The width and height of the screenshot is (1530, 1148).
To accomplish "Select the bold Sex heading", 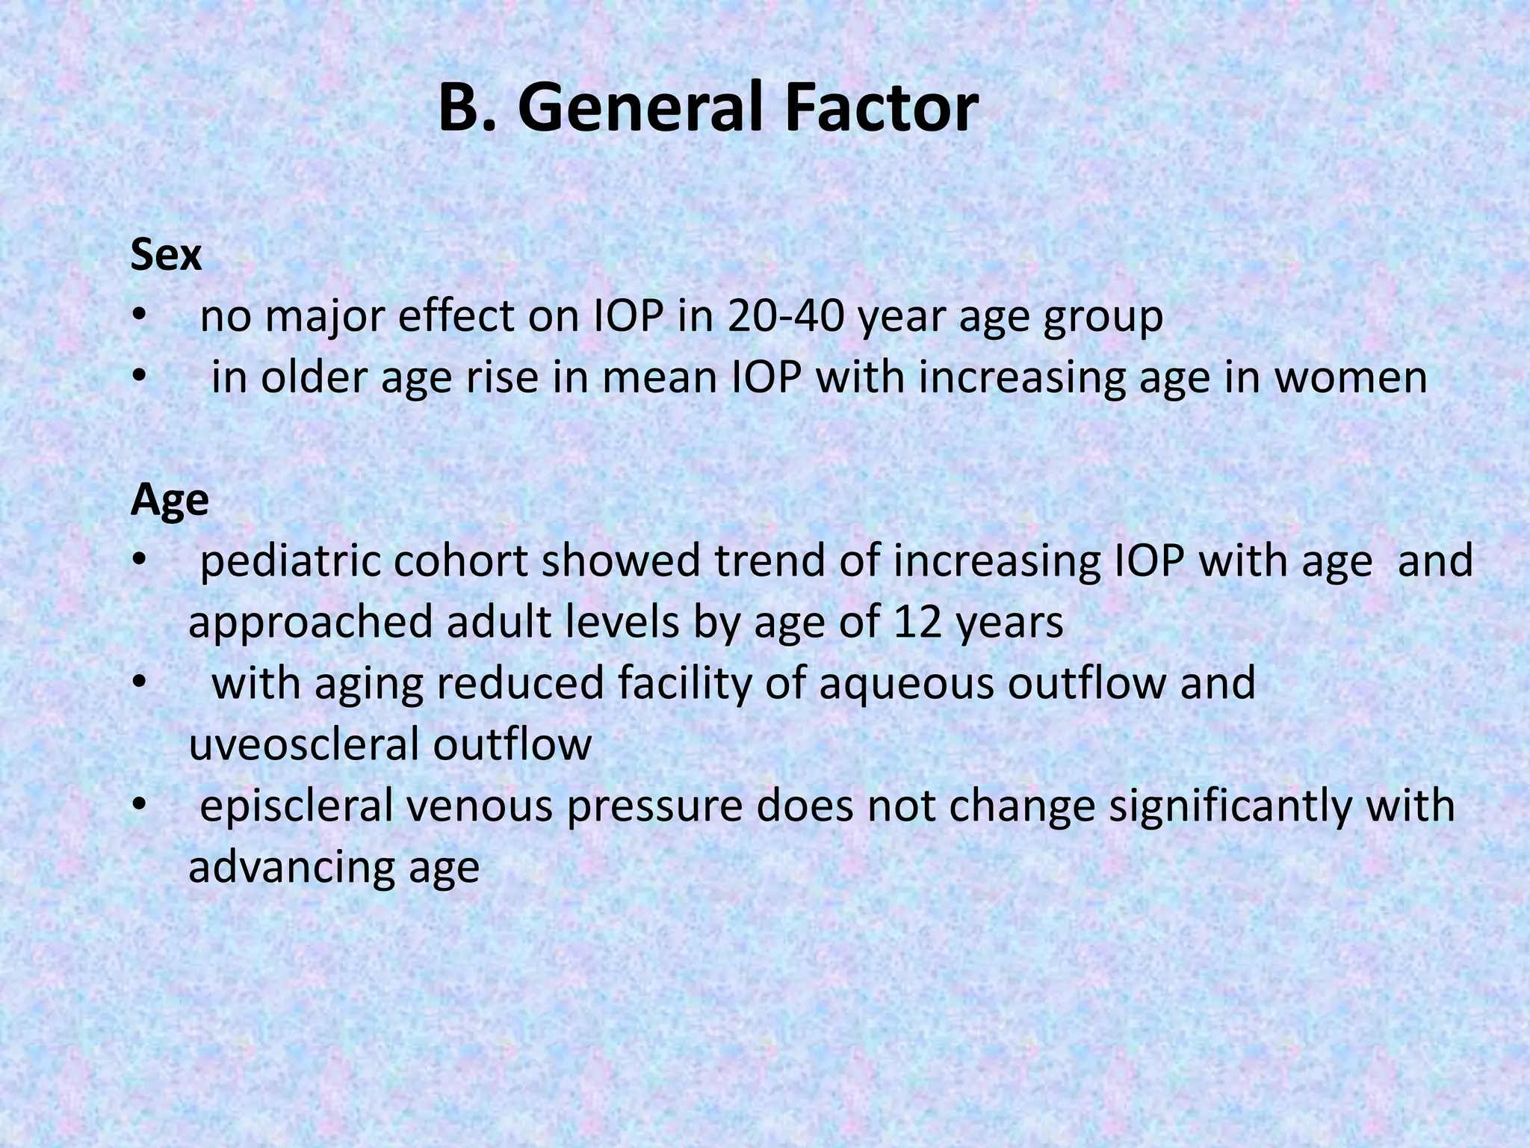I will [x=166, y=256].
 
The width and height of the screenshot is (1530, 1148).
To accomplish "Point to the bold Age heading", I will [x=170, y=501].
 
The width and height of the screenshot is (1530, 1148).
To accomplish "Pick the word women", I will [x=1351, y=377].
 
